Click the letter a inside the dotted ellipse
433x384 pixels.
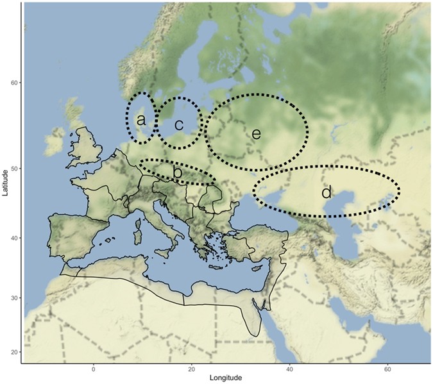click(140, 120)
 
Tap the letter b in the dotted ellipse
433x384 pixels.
click(178, 172)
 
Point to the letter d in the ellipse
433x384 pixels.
click(326, 192)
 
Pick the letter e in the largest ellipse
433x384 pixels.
click(256, 133)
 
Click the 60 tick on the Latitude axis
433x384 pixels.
click(15, 83)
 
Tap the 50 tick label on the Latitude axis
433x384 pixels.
click(15, 168)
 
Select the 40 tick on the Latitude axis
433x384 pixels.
click(15, 238)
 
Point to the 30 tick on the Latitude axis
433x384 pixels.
click(15, 298)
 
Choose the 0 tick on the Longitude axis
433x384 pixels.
click(94, 370)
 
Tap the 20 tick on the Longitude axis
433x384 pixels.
click(191, 370)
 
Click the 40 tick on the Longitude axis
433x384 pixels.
click(289, 370)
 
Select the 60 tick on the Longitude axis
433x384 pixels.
click(387, 370)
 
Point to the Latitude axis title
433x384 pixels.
click(5, 181)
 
